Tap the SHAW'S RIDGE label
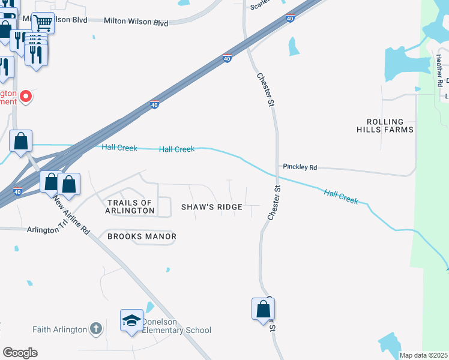click(212, 207)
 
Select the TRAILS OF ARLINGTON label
click(130, 206)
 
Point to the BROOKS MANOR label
click(142, 236)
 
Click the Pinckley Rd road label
click(300, 167)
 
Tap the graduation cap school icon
click(131, 320)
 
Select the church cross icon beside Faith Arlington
click(95, 328)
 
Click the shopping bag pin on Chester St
click(263, 310)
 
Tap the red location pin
click(26, 96)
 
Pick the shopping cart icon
click(43, 23)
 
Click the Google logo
click(19, 352)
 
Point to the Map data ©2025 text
click(423, 355)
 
